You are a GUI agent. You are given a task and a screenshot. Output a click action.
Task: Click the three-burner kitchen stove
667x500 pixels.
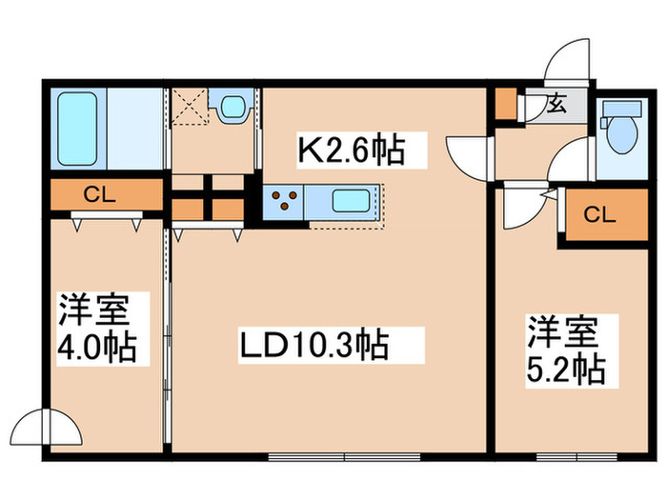tap(283, 200)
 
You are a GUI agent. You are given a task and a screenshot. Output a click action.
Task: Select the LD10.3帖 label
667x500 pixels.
tap(315, 344)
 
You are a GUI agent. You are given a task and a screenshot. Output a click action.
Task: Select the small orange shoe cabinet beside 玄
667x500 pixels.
tap(504, 104)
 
